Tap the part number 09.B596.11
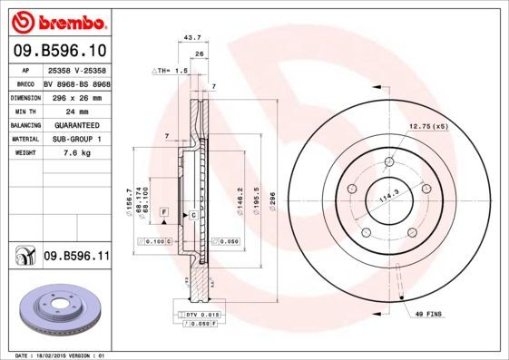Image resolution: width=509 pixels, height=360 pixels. (76, 257)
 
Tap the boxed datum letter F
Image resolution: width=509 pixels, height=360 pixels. (163, 211)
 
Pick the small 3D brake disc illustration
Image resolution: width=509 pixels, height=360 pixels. (57, 311)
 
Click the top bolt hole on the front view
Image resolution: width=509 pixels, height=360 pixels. (389, 163)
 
